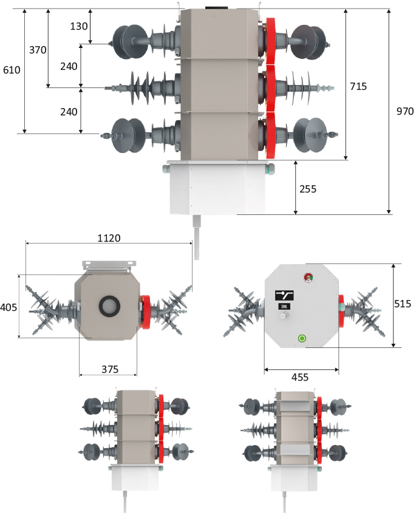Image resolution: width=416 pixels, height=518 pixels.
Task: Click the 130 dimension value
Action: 79,26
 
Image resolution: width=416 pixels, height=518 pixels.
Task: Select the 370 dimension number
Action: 38,50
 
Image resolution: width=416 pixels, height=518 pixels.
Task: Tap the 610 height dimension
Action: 12,70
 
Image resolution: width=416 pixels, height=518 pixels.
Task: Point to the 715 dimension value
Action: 358,86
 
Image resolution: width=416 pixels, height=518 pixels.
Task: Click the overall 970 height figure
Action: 404,112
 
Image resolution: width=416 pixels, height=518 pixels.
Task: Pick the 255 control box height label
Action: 308,188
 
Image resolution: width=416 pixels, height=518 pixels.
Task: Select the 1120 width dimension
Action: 109,239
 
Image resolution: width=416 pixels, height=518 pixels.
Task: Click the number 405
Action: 9,307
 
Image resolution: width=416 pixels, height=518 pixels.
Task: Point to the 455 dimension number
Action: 300,377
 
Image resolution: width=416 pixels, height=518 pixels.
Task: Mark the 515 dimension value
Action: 402,304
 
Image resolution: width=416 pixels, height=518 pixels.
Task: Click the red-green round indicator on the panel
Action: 307,278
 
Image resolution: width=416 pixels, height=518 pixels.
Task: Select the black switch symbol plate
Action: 284,295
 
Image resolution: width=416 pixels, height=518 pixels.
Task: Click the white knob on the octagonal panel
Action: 301,338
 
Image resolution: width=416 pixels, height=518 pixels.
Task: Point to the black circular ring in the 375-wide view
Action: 109,307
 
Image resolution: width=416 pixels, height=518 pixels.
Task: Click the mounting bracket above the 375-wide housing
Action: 108,266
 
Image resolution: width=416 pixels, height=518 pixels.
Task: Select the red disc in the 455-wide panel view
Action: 341,305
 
